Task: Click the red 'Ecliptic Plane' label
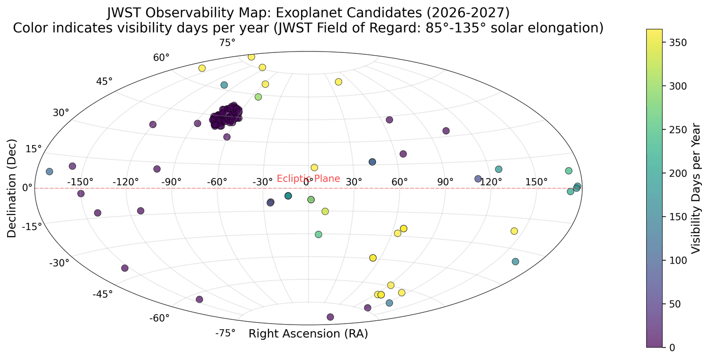point(308,179)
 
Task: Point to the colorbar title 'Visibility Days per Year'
point(696,188)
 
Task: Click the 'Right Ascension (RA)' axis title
point(308,334)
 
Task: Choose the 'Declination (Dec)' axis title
point(11,188)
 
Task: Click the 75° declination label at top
point(227,43)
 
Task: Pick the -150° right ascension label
point(80,182)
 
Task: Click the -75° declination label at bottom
point(225,334)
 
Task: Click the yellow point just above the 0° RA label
point(314,168)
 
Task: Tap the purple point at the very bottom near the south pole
point(330,317)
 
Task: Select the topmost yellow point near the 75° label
point(251,57)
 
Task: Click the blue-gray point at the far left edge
point(50,171)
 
